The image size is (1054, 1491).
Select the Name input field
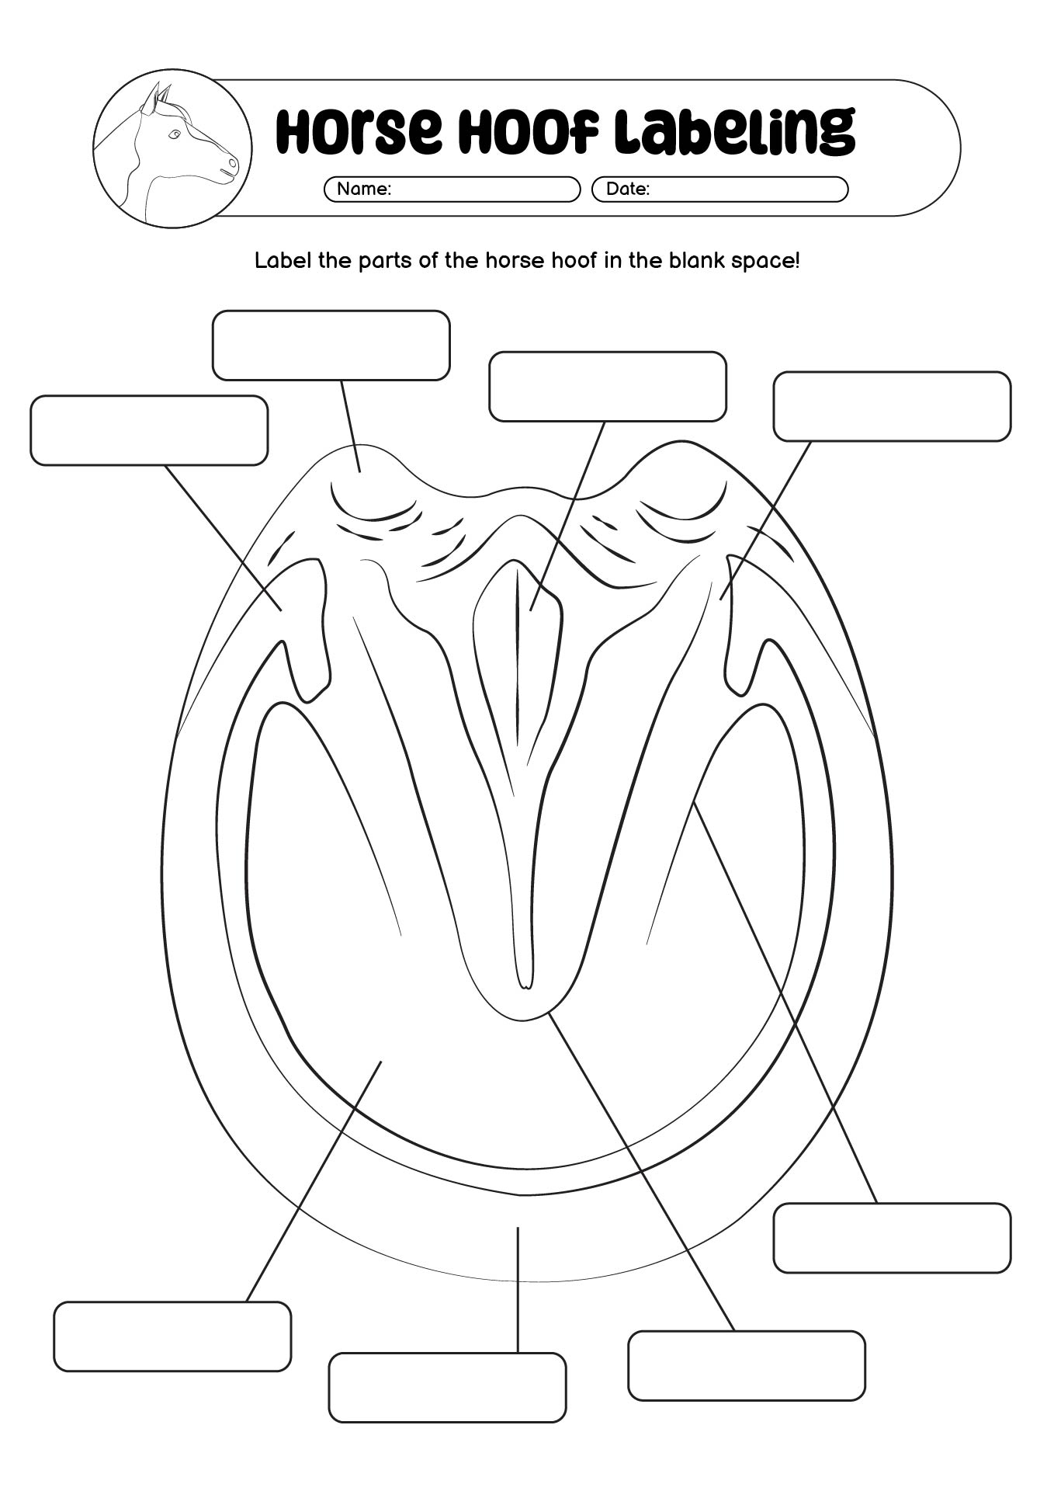[x=452, y=189]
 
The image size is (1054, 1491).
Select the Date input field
[x=719, y=189]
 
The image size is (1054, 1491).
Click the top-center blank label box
[x=608, y=387]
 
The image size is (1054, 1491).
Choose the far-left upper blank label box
[x=149, y=430]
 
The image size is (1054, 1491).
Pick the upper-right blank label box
[x=892, y=406]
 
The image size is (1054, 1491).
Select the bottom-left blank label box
[x=172, y=1336]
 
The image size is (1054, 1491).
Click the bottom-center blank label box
[x=447, y=1388]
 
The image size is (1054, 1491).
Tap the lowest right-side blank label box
[x=746, y=1366]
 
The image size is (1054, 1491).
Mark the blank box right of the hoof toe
[x=892, y=1238]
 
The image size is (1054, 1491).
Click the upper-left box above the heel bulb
[x=331, y=346]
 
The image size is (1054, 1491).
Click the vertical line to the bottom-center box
[x=518, y=1290]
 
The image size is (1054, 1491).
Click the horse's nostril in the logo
[x=231, y=164]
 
